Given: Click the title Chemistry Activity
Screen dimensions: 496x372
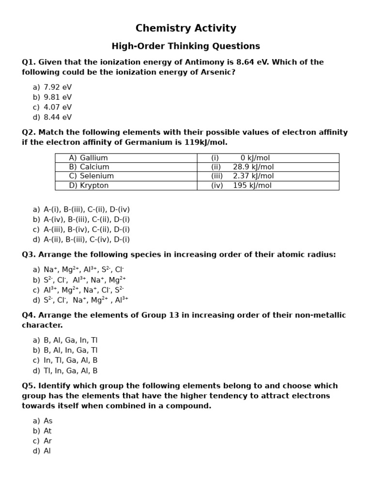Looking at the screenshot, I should (186, 29).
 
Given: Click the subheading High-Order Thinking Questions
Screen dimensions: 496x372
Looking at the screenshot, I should (186, 46).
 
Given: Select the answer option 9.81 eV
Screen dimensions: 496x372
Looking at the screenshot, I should (57, 97).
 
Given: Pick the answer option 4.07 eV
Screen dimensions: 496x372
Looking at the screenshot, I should (57, 108).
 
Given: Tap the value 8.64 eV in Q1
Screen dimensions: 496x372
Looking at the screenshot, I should (257, 62).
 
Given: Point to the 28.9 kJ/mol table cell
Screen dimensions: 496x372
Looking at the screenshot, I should (253, 167).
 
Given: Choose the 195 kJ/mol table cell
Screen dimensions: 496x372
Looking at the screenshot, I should (252, 186).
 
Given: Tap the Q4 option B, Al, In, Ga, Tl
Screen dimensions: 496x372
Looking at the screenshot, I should (70, 350).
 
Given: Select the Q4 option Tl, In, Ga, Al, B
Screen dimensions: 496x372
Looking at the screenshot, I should (70, 371).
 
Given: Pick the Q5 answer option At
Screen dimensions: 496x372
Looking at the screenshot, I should (47, 431).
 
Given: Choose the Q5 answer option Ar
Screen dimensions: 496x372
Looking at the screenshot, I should (47, 441).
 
